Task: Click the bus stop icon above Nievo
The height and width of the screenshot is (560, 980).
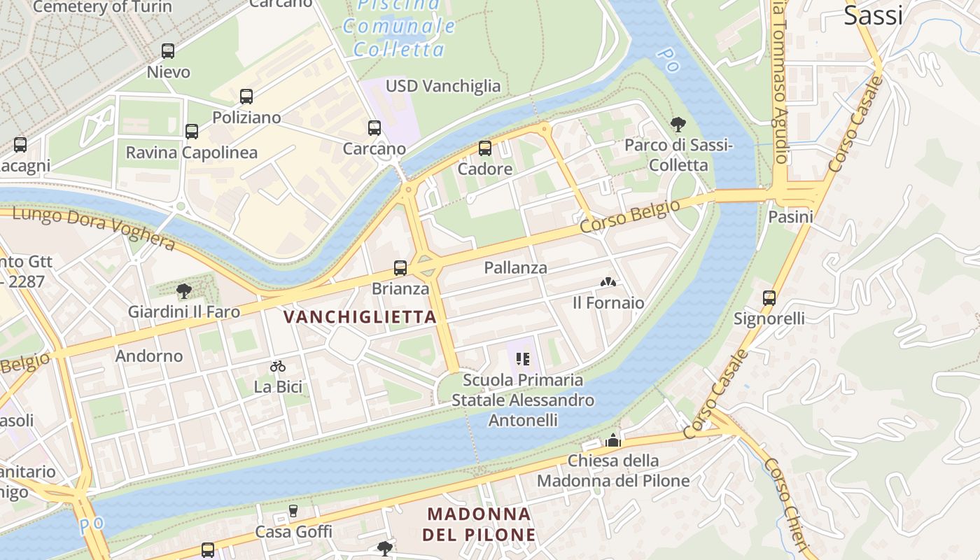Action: point(167,50)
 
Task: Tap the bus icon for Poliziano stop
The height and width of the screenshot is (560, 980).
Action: point(246,97)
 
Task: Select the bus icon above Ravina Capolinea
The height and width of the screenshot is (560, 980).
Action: point(191,131)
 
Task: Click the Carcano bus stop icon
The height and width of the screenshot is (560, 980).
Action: point(374,128)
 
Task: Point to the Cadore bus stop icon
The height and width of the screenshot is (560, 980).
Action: point(484,148)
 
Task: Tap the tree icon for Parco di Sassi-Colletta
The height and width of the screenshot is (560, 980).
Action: point(678,125)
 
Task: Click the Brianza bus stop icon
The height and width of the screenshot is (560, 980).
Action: point(400,268)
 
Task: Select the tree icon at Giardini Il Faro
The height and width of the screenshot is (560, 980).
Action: point(184,290)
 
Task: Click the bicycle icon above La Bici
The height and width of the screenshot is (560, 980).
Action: point(278,366)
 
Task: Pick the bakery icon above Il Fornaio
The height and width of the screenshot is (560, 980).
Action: point(608,283)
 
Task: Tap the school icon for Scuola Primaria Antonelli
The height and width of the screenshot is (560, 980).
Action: point(523,359)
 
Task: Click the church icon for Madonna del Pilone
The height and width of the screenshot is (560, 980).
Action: point(613,440)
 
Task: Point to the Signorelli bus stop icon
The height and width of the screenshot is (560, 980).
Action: point(769,298)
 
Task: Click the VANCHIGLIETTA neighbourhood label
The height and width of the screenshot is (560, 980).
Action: point(360,317)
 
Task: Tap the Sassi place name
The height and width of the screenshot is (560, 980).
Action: point(873,15)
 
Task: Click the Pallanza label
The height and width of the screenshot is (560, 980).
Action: point(515,268)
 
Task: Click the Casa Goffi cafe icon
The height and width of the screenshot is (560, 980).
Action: point(293,512)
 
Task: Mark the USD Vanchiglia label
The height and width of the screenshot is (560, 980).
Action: point(443,86)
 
